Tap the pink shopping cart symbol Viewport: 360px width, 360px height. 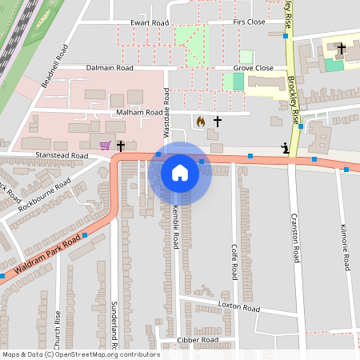(106, 146)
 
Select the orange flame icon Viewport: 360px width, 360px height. (199, 122)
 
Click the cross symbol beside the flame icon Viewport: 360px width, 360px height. (216, 122)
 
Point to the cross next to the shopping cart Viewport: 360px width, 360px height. (121, 146)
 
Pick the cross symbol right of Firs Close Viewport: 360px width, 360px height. (341, 50)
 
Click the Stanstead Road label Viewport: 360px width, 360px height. (61, 155)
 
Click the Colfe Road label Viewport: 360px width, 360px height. (234, 262)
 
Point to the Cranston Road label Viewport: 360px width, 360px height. (295, 243)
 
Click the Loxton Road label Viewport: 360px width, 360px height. (239, 307)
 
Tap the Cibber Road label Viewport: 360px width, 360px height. (198, 340)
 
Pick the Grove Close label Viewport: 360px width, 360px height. (253, 69)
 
